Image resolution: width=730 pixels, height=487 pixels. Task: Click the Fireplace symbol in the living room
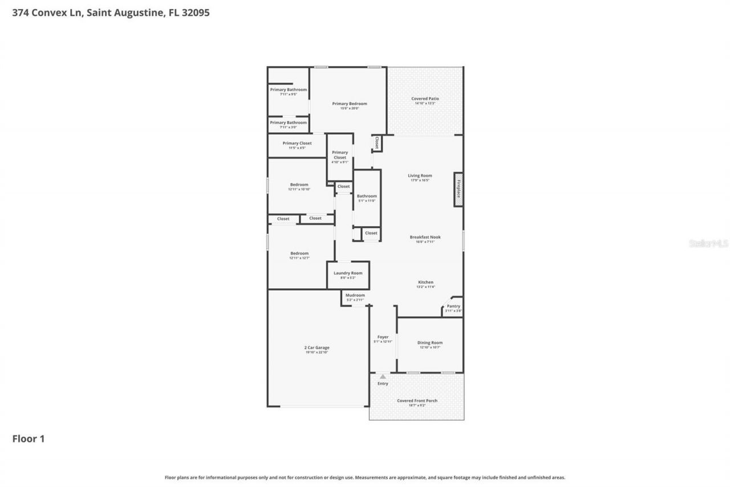pos(458,189)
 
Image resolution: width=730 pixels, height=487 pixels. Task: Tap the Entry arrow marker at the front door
pos(383,376)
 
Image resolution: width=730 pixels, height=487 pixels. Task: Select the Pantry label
pos(453,306)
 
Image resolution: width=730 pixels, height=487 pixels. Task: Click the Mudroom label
pos(355,295)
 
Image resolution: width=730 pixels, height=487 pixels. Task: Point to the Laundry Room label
pos(348,273)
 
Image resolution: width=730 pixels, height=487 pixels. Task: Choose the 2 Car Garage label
pos(317,347)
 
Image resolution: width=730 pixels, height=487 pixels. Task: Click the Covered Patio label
pos(425,99)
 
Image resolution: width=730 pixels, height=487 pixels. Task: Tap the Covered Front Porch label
pos(417,401)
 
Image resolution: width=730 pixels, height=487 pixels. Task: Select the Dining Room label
pos(429,343)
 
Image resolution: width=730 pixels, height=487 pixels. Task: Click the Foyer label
pos(383,337)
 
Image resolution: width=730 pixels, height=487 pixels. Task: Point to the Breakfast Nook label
pos(425,237)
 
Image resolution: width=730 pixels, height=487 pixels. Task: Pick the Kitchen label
pos(425,282)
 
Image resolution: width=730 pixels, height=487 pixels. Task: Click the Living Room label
pos(420,175)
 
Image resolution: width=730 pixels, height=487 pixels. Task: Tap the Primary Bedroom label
pos(350,103)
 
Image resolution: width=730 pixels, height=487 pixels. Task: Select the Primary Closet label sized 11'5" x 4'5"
pos(297,143)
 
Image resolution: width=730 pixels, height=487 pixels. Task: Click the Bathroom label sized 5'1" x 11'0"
pos(367,196)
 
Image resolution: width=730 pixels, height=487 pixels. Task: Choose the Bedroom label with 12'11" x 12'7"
pos(299,253)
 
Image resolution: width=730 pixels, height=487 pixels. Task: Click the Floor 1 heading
pos(29,439)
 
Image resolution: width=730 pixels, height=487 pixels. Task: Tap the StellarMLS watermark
pos(708,243)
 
